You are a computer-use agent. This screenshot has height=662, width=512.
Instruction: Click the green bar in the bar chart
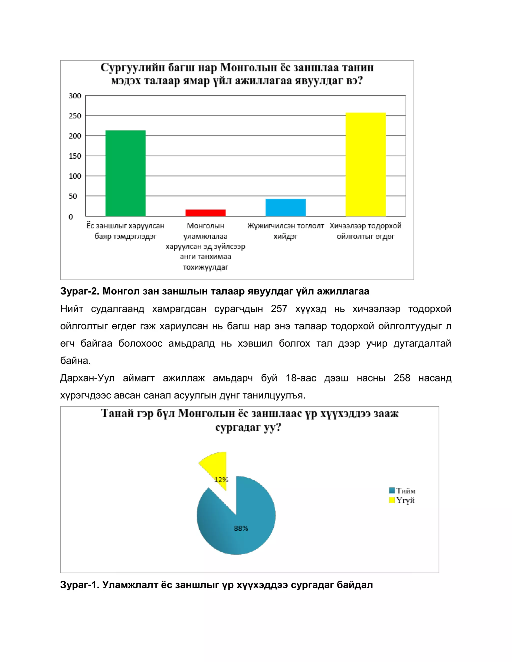tap(125, 173)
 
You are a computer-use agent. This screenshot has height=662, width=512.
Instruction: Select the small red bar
tap(205, 213)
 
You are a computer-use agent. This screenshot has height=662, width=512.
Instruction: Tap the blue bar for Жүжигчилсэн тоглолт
tap(285, 207)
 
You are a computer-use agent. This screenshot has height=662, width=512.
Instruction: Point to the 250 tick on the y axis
tap(75, 116)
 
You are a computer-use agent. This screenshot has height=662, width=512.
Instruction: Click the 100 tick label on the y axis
tap(75, 176)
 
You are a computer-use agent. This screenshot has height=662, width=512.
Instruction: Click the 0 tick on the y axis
tap(71, 217)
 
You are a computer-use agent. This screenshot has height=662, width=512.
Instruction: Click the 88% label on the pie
tap(241, 528)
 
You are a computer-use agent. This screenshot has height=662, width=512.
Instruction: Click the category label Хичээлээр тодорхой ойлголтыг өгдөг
tap(365, 231)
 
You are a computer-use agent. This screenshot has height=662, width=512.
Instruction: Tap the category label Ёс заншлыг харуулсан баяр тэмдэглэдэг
tap(125, 231)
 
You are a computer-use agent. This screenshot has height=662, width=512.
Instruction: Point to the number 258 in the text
tap(401, 378)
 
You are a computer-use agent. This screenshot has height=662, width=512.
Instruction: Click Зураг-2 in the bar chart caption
tap(79, 291)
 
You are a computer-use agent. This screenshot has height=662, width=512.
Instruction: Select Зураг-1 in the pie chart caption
tap(79, 585)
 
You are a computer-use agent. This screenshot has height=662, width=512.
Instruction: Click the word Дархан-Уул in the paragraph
tap(87, 378)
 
